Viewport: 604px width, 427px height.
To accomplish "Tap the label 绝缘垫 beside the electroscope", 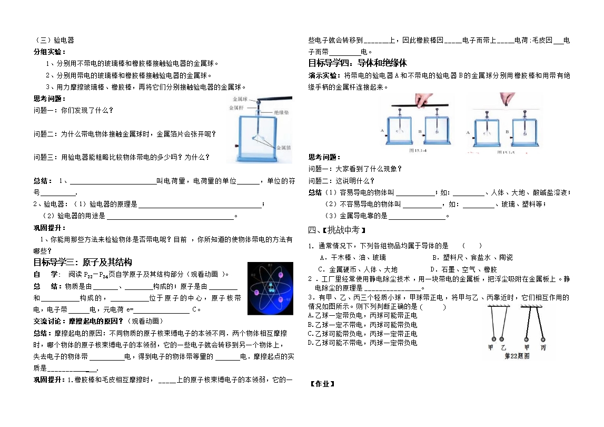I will [x=282, y=113].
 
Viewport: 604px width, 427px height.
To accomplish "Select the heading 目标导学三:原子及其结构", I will [x=83, y=262].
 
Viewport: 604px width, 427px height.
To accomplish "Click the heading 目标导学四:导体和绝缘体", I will [x=358, y=63].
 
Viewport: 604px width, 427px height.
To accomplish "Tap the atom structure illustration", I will [x=270, y=288].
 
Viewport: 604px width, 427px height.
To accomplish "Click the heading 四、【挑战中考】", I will [x=336, y=230].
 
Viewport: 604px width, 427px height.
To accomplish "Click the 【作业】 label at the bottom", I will [x=322, y=384].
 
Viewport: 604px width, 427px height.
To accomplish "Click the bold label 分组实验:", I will [x=49, y=52].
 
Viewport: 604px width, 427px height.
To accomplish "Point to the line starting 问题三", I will [x=122, y=157].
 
